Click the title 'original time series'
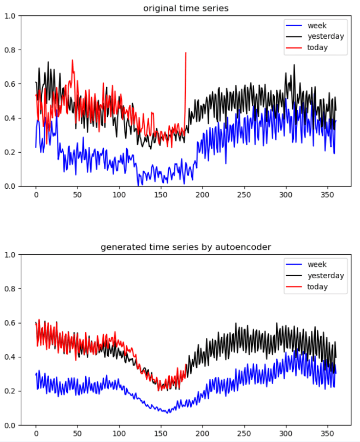186,8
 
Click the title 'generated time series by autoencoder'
186,247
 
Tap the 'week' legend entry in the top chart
317,26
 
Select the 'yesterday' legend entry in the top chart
326,37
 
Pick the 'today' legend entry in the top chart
317,47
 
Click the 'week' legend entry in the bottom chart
317,265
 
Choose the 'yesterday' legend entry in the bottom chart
326,276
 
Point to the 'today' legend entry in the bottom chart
317,286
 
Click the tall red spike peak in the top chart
186,53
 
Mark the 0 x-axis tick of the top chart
36,194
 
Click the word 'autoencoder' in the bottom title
246,247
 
